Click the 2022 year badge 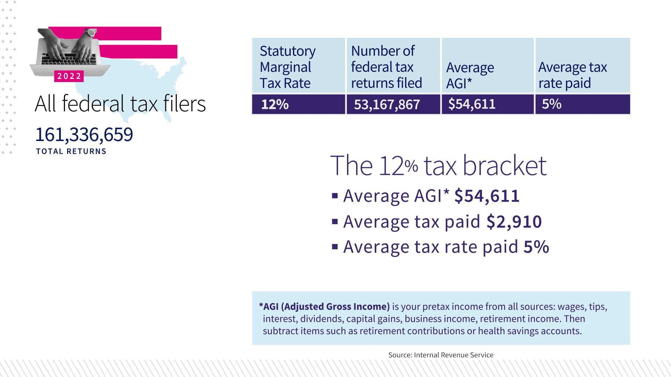pyautogui.click(x=69, y=76)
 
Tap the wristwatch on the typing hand pyautogui.click(x=91, y=33)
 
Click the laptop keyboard pyautogui.click(x=68, y=59)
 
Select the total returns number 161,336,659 pyautogui.click(x=84, y=134)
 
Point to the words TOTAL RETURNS pyautogui.click(x=71, y=151)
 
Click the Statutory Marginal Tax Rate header pyautogui.click(x=288, y=67)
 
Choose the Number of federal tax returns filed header pyautogui.click(x=387, y=67)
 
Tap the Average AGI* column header pyautogui.click(x=470, y=75)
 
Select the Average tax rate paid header pyautogui.click(x=572, y=75)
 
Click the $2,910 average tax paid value pyautogui.click(x=514, y=222)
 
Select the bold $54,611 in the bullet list pyautogui.click(x=487, y=196)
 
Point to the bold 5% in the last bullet pyautogui.click(x=536, y=247)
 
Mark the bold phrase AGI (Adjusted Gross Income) pyautogui.click(x=326, y=306)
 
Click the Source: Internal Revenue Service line pyautogui.click(x=441, y=355)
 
